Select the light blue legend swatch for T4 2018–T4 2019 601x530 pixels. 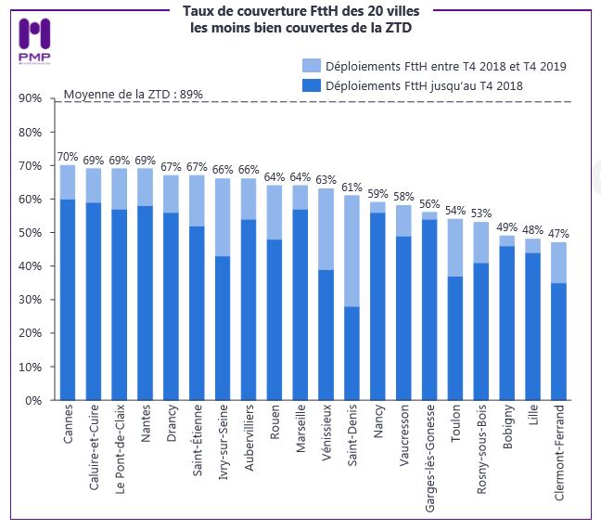click(313, 66)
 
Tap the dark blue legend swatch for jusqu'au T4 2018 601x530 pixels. click(313, 84)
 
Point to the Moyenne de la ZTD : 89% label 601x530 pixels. click(133, 94)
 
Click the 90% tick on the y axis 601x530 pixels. click(28, 99)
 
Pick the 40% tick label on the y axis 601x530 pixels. click(28, 266)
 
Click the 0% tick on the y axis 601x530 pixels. click(31, 400)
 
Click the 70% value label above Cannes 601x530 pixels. click(68, 157)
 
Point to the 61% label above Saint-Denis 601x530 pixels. click(352, 187)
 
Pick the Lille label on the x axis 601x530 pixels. click(532, 422)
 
